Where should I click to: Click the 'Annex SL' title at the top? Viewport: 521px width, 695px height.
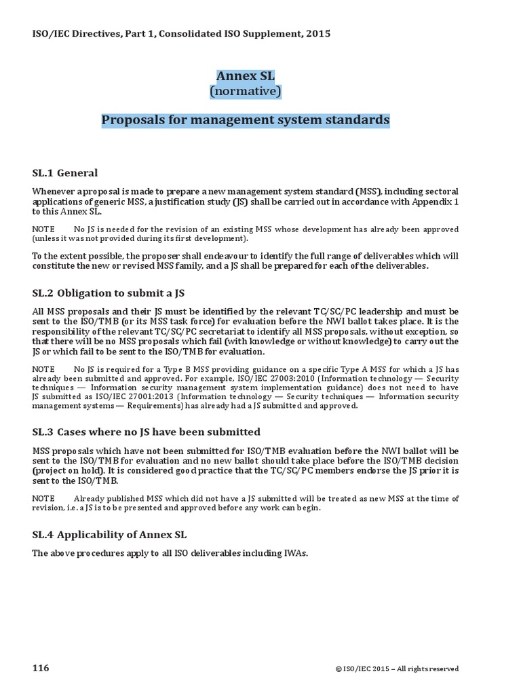(x=246, y=76)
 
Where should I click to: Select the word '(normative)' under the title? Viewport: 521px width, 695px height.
(x=246, y=90)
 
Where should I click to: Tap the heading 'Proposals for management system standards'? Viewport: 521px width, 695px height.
(x=246, y=120)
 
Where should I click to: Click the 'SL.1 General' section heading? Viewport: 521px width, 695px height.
(x=65, y=172)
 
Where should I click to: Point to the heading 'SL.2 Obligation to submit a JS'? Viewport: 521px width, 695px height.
(x=109, y=293)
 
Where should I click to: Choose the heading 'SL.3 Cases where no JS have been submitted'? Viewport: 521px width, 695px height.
(x=146, y=432)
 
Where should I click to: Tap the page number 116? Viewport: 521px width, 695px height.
(x=41, y=650)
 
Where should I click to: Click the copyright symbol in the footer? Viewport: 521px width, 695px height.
(x=338, y=650)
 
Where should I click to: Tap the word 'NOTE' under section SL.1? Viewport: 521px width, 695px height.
(x=43, y=229)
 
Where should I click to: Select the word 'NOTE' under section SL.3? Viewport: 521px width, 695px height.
(x=43, y=498)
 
